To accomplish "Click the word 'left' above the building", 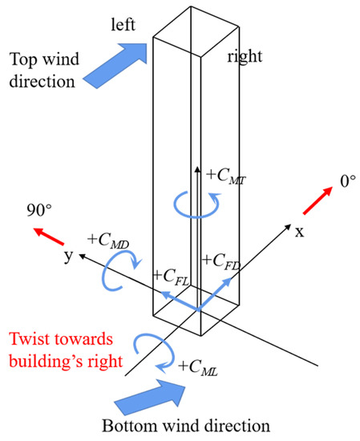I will [x=126, y=26].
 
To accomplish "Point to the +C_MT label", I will [x=225, y=174].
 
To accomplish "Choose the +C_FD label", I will [x=224, y=261].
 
